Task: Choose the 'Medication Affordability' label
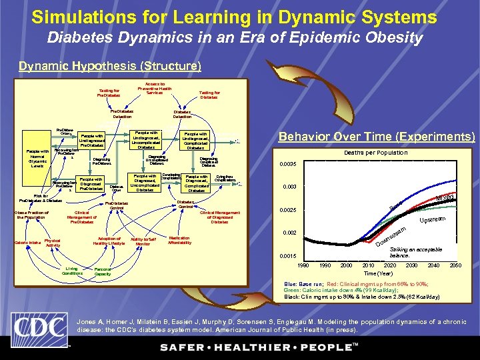point(180,240)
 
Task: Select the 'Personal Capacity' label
point(103,272)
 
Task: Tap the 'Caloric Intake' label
point(26,243)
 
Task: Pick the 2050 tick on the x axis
point(455,265)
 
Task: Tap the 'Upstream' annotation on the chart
point(433,219)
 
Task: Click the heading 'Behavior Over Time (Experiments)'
point(377,137)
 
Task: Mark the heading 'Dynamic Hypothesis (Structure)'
point(110,66)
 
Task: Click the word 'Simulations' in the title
point(85,16)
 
